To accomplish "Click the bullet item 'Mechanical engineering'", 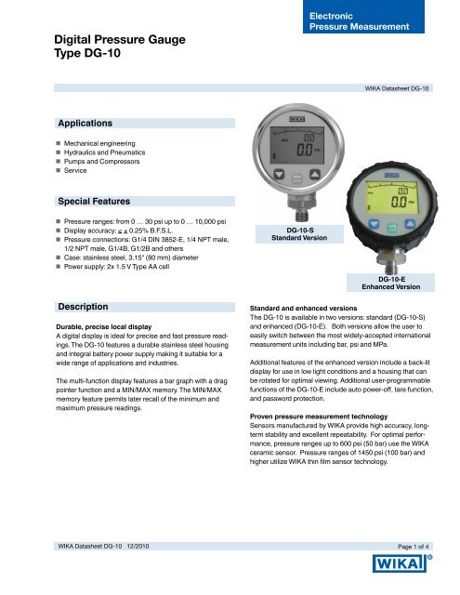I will click(x=97, y=144).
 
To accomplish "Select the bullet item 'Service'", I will click(x=77, y=173).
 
